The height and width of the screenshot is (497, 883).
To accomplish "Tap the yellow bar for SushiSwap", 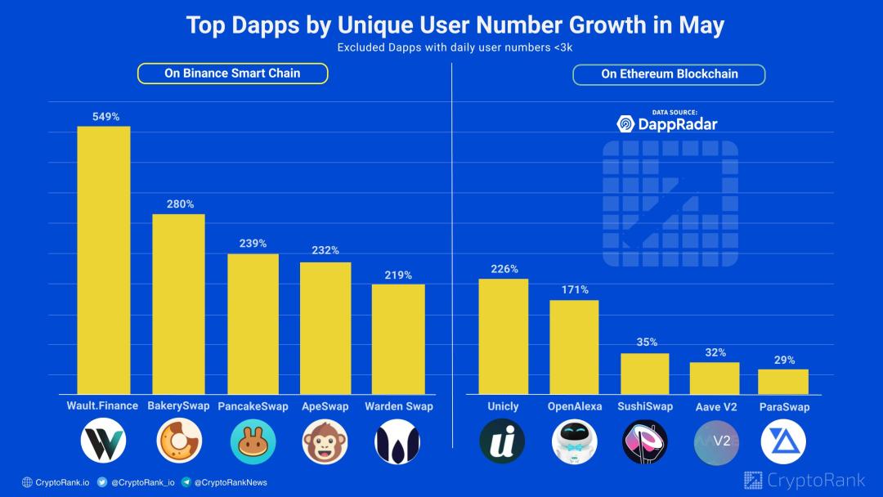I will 645,374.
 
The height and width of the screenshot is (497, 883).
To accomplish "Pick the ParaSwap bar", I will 783,382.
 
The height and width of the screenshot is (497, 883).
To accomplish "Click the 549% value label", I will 103,117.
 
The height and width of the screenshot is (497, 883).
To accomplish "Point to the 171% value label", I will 575,290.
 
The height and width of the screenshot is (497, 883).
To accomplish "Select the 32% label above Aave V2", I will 715,352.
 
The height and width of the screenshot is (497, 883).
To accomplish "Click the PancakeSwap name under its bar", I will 253,406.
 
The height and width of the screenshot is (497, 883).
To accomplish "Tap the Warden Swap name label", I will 398,406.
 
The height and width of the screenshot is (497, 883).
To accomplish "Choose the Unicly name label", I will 503,406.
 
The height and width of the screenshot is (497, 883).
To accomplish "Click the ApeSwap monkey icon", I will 325,441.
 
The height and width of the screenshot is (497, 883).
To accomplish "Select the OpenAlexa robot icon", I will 574,441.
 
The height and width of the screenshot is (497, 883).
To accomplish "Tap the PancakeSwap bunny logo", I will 253,441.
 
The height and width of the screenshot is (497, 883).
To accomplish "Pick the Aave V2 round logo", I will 715,441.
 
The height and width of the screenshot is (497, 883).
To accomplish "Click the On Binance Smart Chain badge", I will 232,74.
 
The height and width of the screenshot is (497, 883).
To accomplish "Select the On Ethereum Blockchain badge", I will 669,74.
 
